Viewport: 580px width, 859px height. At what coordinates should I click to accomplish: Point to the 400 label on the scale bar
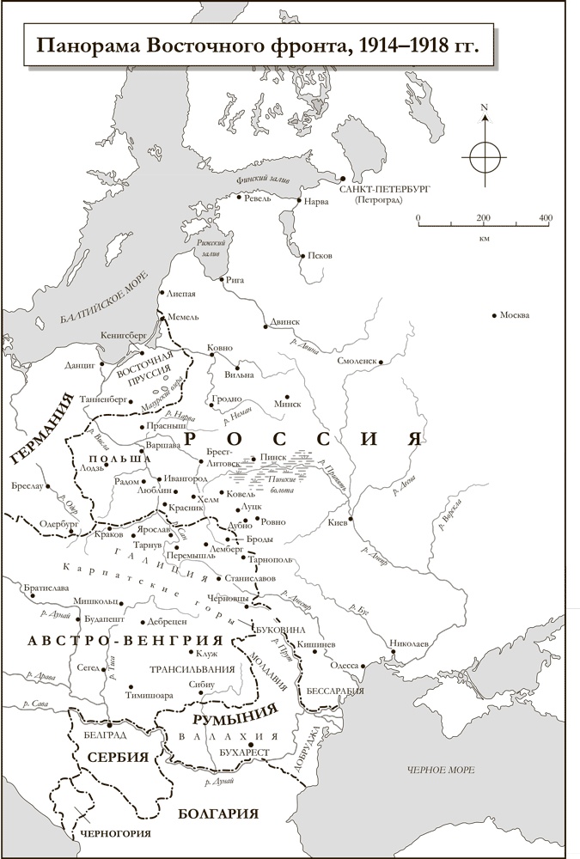[x=545, y=219]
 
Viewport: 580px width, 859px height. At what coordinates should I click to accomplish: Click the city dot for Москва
[x=493, y=315]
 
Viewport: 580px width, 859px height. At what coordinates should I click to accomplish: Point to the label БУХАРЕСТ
[x=244, y=752]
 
